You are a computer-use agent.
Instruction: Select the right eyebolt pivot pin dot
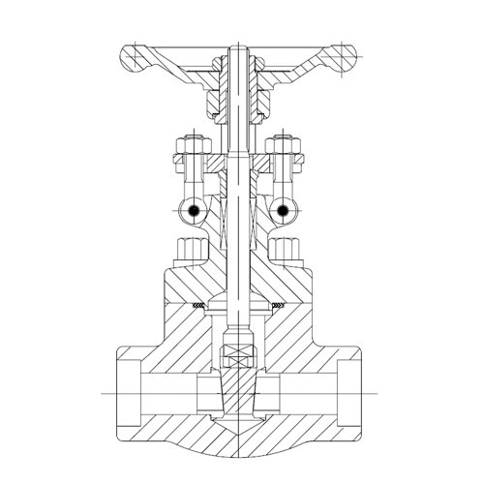[x=283, y=209]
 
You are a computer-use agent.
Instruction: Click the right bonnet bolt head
[x=287, y=250]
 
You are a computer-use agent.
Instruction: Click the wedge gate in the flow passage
[x=236, y=392]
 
